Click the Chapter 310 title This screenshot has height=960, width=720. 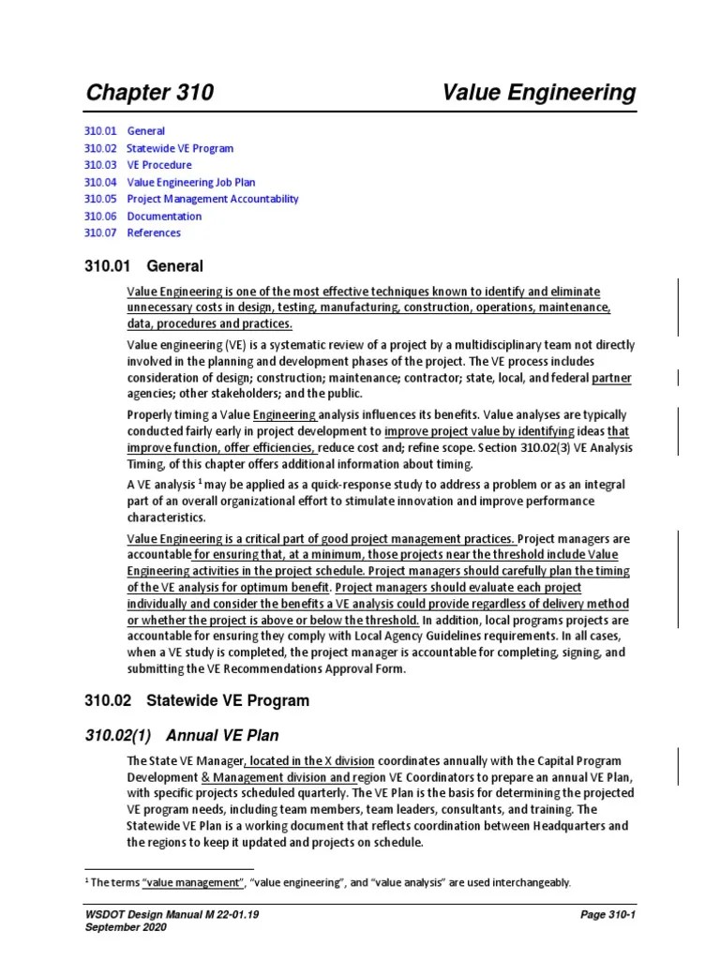pyautogui.click(x=149, y=92)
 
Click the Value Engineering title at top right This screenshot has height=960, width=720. pyautogui.click(x=539, y=92)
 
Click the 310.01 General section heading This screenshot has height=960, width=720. pyautogui.click(x=143, y=266)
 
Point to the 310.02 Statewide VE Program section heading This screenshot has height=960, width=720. pyautogui.click(x=197, y=700)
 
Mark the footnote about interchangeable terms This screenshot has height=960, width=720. pyautogui.click(x=328, y=882)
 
